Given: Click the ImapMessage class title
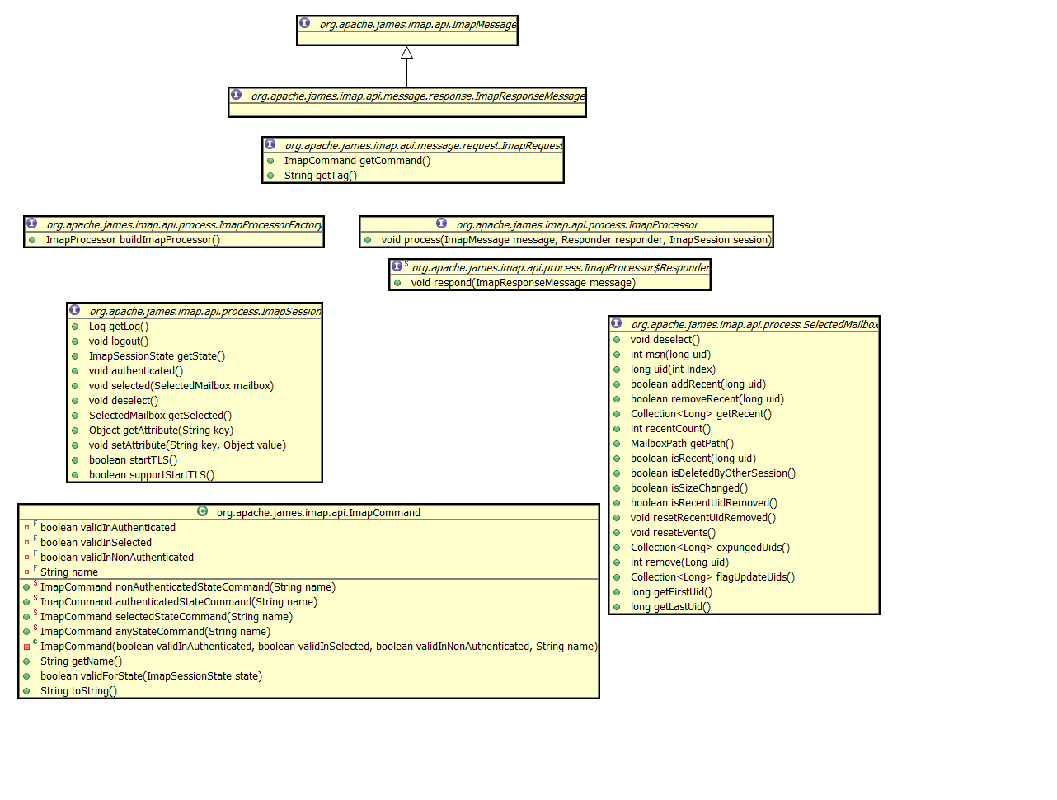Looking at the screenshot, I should (417, 25).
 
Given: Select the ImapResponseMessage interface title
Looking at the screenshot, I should (417, 96).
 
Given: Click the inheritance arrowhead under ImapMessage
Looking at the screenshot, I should (406, 53).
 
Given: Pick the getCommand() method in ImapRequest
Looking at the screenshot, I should (357, 161).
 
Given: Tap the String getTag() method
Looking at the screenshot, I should (320, 176).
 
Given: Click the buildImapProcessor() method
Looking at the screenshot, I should (133, 240).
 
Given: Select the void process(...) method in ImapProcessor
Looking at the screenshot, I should (575, 240).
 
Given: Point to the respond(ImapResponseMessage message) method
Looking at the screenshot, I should (523, 283).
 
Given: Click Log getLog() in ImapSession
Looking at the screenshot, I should (118, 327).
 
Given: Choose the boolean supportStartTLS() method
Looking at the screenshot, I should (151, 475).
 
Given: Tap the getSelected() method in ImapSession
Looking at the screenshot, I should (160, 416).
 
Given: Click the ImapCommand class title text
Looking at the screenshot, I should (318, 513).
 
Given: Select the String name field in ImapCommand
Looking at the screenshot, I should (69, 572).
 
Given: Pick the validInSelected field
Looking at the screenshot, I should (96, 543).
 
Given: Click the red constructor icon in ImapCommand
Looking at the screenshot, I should (26, 647).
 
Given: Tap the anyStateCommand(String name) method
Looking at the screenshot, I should (155, 632).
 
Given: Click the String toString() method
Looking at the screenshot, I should (78, 691).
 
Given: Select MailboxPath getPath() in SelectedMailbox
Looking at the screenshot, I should (682, 444).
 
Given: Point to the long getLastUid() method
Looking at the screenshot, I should (670, 607).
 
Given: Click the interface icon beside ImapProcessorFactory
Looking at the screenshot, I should (31, 224).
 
